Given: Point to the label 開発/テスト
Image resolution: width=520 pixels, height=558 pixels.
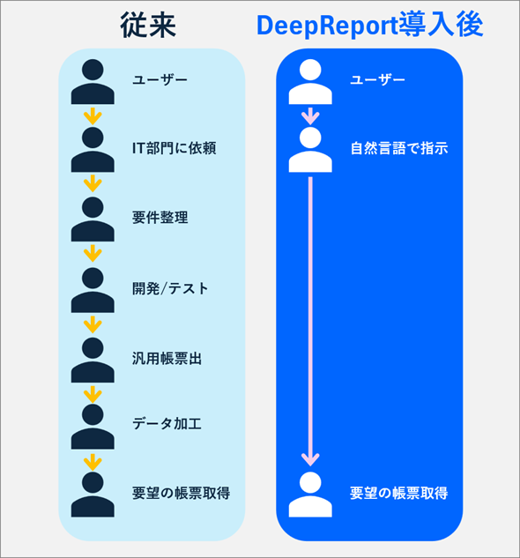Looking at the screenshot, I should [x=170, y=288].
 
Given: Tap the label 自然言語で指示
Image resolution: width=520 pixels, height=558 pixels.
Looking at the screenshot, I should [x=399, y=148].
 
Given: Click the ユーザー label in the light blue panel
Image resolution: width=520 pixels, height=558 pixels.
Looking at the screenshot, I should [x=160, y=80].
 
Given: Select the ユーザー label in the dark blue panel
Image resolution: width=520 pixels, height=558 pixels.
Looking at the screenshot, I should [x=377, y=80].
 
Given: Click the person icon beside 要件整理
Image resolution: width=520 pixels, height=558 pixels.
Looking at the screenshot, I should [x=93, y=218].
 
